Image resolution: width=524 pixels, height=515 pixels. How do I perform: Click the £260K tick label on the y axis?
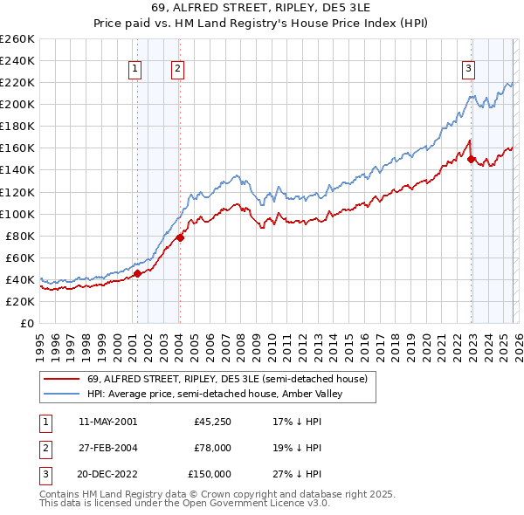(17, 39)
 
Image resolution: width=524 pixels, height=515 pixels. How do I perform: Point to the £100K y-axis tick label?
(17, 214)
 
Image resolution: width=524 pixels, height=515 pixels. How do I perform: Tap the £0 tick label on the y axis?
(28, 323)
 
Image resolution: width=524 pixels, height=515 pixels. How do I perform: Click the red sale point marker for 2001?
(137, 273)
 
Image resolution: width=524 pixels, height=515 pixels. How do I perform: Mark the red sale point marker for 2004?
(180, 237)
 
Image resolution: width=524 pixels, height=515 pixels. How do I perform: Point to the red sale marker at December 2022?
(472, 159)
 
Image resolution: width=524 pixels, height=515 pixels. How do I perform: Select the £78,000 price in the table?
(212, 448)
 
